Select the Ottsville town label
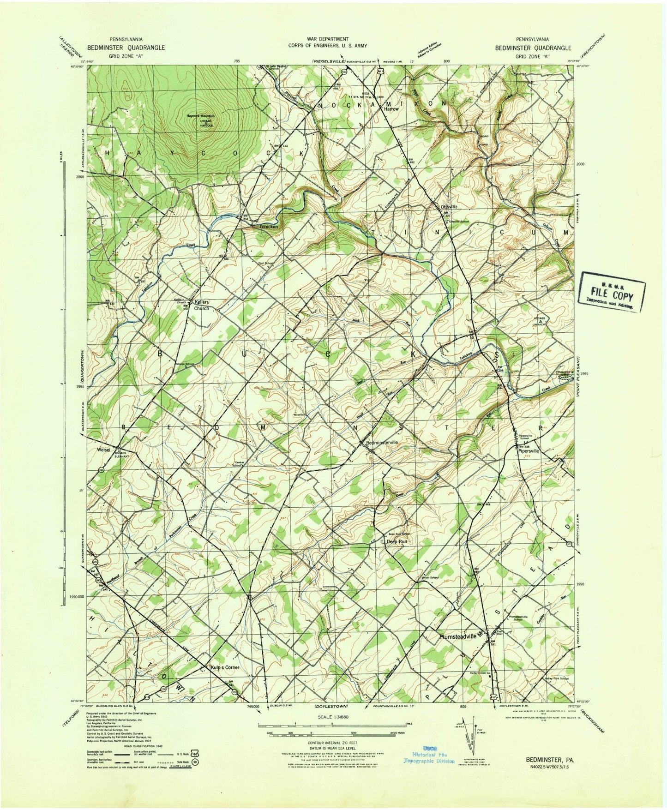point(449,207)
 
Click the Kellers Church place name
point(202,305)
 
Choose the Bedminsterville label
point(382,442)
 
